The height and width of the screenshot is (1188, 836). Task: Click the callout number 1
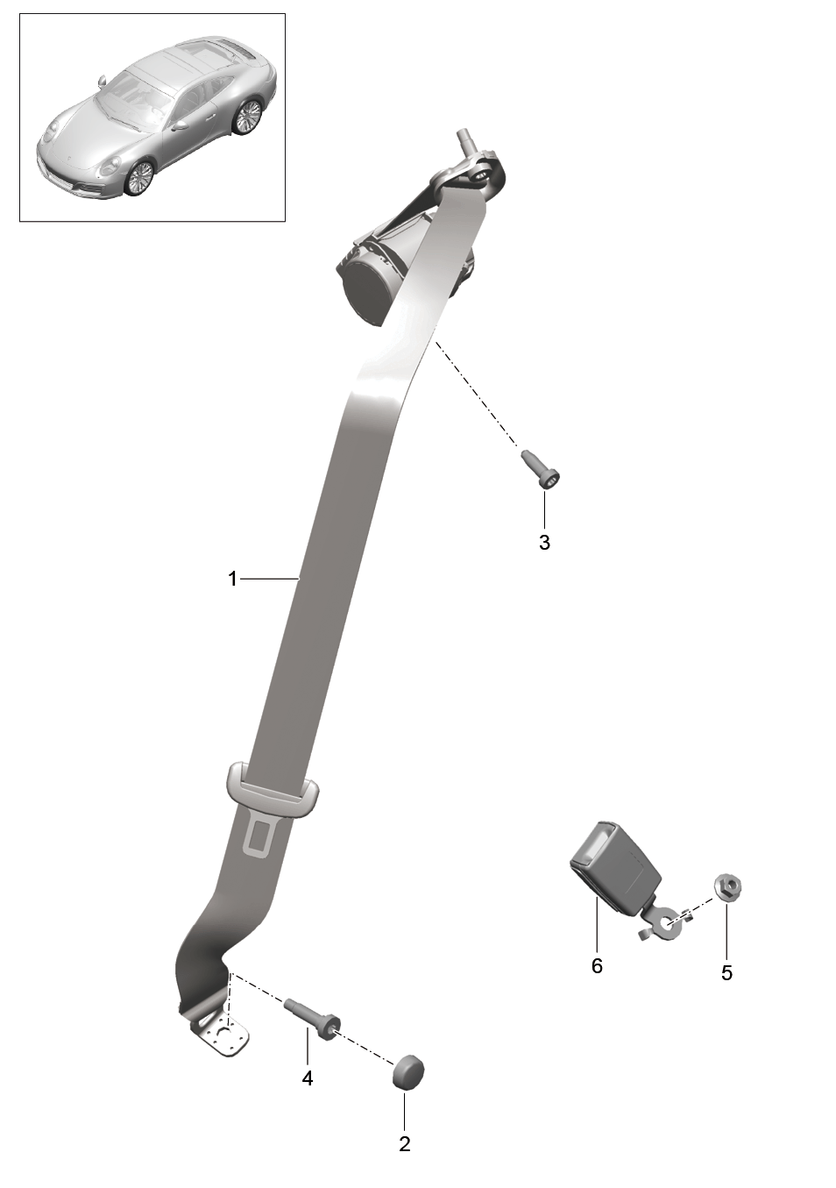[x=232, y=579]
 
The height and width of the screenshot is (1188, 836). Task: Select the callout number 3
[x=544, y=542]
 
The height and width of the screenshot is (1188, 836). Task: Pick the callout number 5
[x=726, y=972]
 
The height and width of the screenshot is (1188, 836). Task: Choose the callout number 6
[x=597, y=966]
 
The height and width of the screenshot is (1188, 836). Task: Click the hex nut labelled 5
[x=728, y=886]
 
